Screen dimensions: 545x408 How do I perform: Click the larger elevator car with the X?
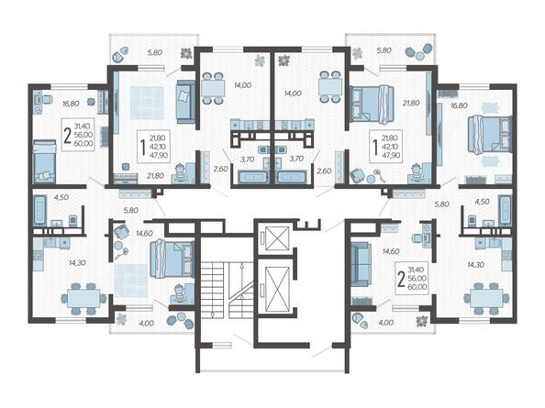(277, 288)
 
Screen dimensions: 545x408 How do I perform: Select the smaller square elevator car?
(277, 237)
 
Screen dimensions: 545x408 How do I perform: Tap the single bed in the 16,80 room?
(44, 161)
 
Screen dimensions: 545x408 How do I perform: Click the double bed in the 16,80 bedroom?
(490, 134)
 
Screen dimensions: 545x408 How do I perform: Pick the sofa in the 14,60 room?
(361, 264)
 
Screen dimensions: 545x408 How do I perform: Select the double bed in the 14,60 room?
(172, 259)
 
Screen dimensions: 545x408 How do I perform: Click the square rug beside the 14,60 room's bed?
(131, 281)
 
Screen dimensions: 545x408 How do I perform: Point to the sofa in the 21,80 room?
(186, 102)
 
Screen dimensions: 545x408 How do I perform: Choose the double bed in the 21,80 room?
(372, 105)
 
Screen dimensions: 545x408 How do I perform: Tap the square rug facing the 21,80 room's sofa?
(147, 103)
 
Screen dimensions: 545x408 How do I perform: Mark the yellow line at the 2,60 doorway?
(324, 187)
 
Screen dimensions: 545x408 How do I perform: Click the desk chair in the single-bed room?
(47, 99)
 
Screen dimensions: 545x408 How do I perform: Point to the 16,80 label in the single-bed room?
(71, 104)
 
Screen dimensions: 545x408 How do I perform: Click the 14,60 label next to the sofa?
(391, 251)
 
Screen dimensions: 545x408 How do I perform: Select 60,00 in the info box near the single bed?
(83, 143)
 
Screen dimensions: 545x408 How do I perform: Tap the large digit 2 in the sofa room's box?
(401, 279)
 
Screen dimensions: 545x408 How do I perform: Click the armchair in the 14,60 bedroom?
(121, 231)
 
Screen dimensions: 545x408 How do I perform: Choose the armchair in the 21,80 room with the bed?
(356, 174)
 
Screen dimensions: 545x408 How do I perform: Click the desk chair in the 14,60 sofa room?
(417, 237)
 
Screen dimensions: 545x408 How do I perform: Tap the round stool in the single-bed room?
(91, 102)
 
